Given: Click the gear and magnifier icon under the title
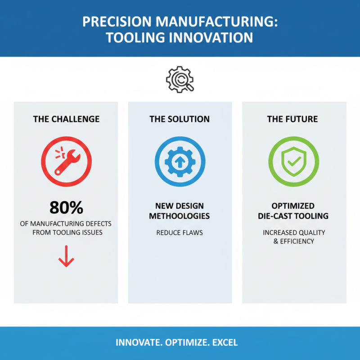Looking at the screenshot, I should [x=180, y=80].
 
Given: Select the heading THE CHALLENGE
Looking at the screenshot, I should [x=66, y=119].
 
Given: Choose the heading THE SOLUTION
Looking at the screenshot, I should [x=180, y=119].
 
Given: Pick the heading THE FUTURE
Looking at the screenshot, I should [x=292, y=119].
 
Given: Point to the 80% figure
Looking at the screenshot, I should [x=66, y=208].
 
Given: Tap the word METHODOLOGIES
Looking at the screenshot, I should [x=180, y=216].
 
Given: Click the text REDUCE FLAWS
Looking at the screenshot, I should [x=180, y=233].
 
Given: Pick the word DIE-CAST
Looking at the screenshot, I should [x=274, y=216].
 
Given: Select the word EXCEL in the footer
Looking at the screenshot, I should [x=225, y=343].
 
